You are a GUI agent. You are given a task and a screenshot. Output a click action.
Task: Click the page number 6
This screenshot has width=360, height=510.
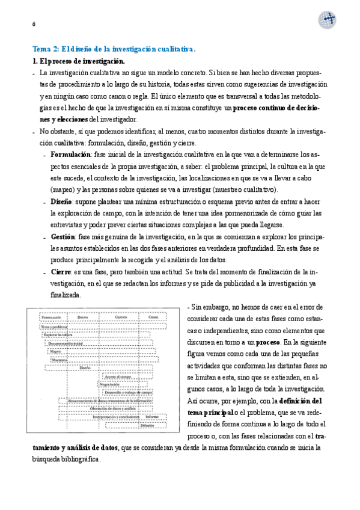click(34, 23)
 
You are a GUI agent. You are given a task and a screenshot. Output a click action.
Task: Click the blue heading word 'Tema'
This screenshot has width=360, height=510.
click(43, 49)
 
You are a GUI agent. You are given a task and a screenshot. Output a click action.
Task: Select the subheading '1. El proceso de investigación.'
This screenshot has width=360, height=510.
click(78, 61)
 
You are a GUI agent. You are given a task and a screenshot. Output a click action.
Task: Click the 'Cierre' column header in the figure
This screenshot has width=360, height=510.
click(154, 317)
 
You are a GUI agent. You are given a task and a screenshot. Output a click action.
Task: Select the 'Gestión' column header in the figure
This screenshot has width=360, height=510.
click(121, 317)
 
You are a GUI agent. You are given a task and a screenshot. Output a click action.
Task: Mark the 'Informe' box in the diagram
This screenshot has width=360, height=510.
click(153, 416)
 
